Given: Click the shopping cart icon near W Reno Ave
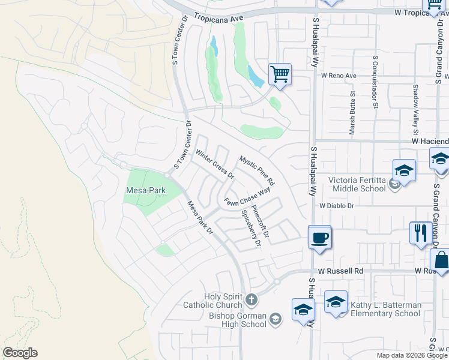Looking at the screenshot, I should [x=280, y=75].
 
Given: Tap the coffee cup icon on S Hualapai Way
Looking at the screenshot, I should [x=319, y=238].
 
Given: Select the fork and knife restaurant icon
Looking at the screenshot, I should [x=419, y=232].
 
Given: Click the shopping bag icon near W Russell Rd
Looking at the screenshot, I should [x=440, y=261].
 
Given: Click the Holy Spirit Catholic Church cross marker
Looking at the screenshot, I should [x=252, y=298].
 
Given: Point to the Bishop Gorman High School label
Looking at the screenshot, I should [x=238, y=320].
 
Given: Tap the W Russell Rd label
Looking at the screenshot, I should [x=341, y=271].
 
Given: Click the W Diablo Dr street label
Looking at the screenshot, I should [x=337, y=205].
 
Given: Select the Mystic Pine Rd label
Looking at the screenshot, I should [x=257, y=170].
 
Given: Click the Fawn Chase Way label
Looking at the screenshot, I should [x=247, y=198].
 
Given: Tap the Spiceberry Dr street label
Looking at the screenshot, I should [x=250, y=228].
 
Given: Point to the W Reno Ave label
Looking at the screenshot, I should [x=339, y=76].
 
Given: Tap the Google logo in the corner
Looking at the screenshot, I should [x=20, y=353].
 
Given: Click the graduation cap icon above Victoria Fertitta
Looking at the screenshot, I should [x=404, y=170].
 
